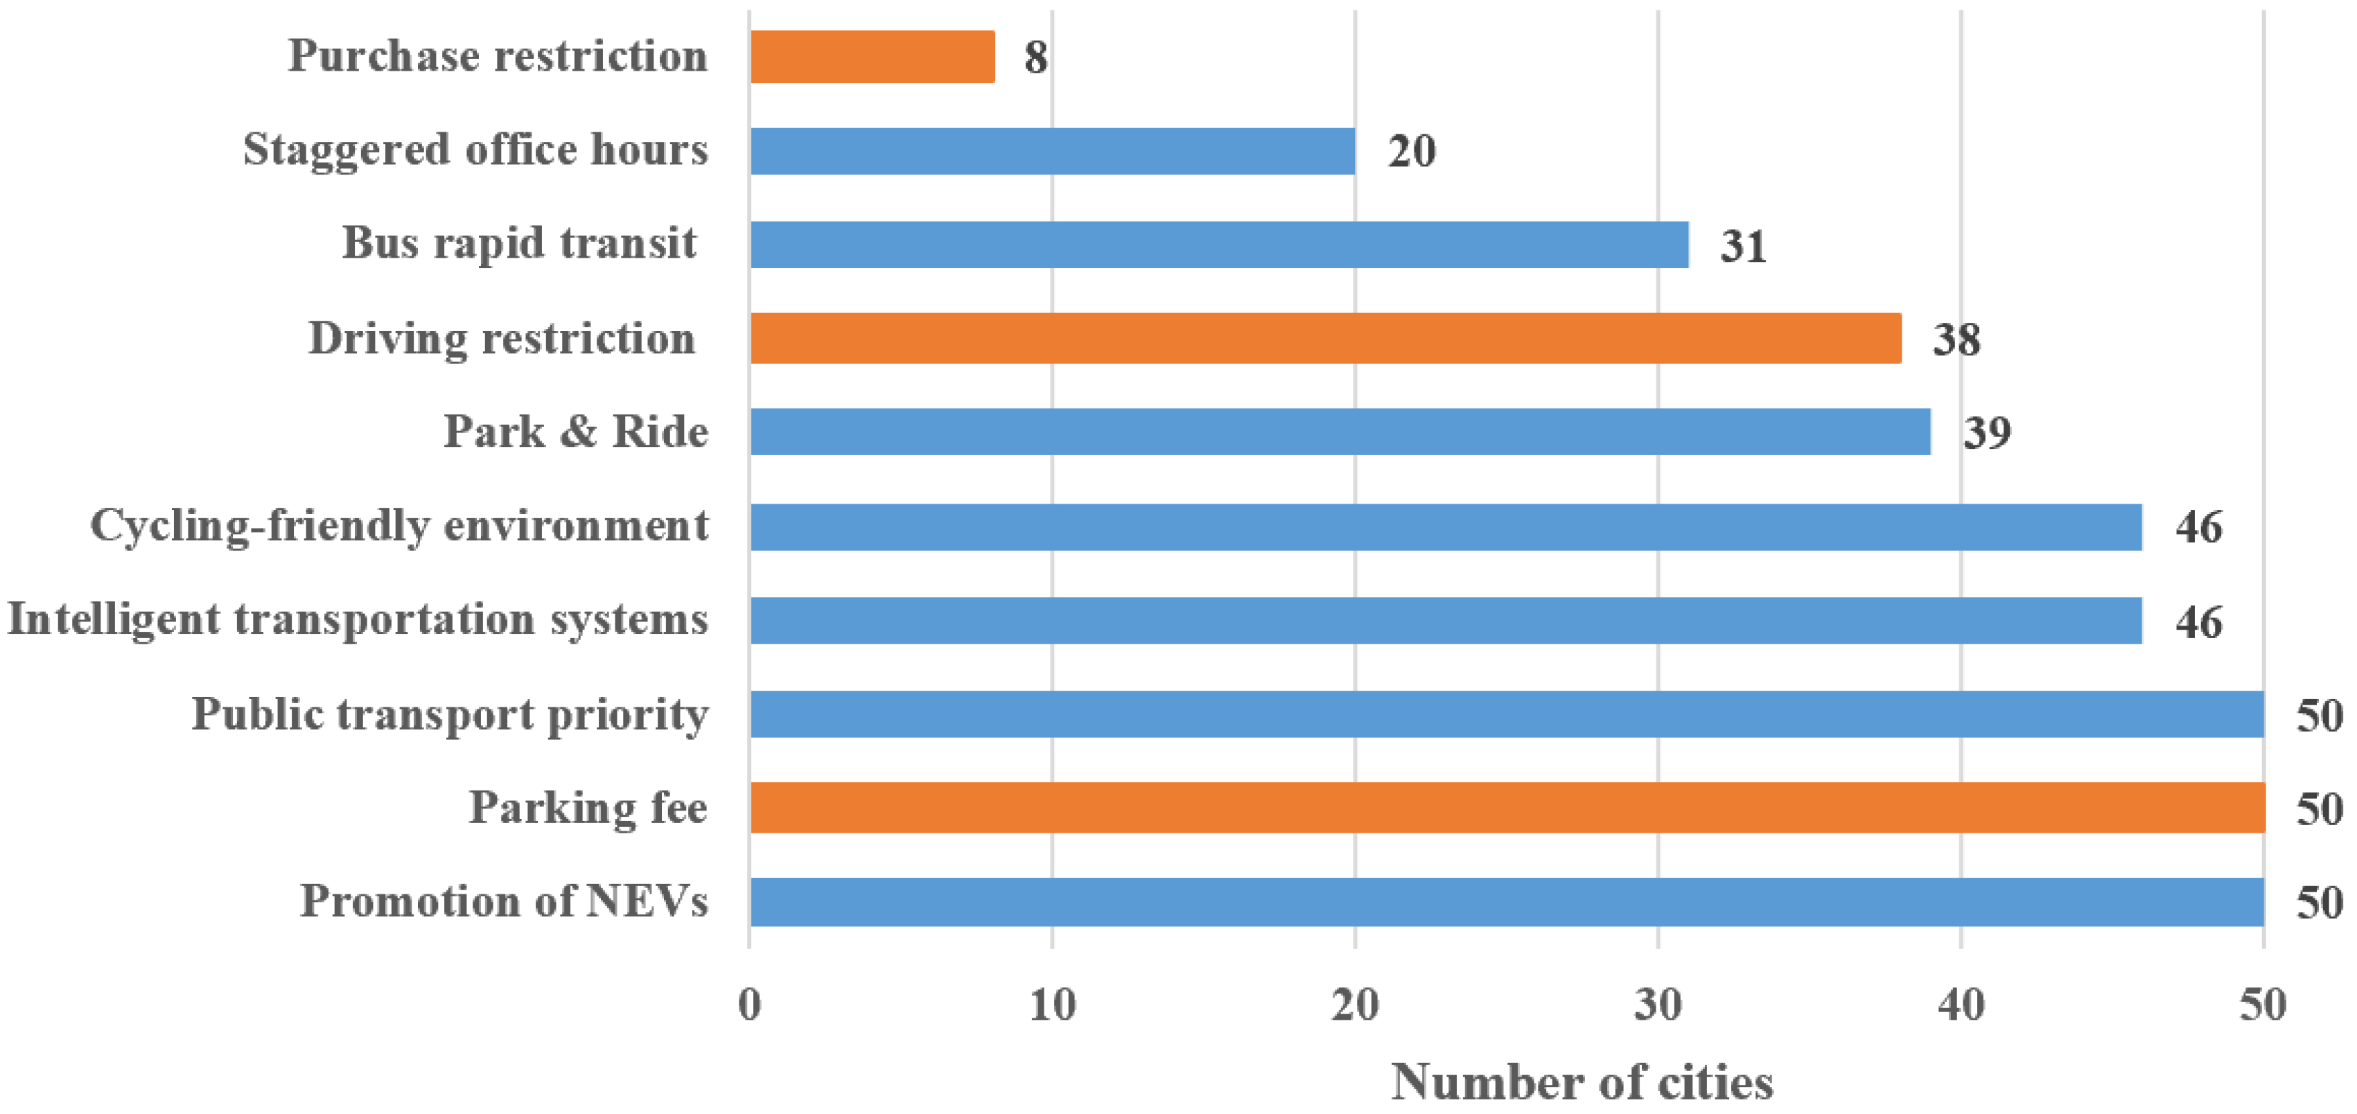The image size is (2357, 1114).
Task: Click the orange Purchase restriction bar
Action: pyautogui.click(x=872, y=57)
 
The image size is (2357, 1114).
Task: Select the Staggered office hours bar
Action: pyautogui.click(x=1052, y=151)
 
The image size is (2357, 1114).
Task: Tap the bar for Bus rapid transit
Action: pyautogui.click(x=1219, y=245)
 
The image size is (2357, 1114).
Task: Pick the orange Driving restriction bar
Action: pyautogui.click(x=1325, y=338)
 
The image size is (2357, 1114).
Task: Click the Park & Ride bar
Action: pyautogui.click(x=1340, y=432)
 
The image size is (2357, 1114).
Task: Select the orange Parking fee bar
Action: pyautogui.click(x=1506, y=808)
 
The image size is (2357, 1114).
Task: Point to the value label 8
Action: pyautogui.click(x=1035, y=58)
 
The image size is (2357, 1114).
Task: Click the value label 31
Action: pyautogui.click(x=1742, y=246)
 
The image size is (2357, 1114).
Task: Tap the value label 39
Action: pyautogui.click(x=1986, y=432)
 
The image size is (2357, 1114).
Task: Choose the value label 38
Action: pyautogui.click(x=1956, y=339)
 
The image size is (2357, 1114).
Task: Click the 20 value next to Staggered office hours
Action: pyautogui.click(x=1411, y=152)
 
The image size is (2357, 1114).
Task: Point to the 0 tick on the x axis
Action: pyautogui.click(x=749, y=1005)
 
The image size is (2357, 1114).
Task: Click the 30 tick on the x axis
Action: pyautogui.click(x=1658, y=1005)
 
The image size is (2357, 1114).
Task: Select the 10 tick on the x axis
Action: pyautogui.click(x=1052, y=1005)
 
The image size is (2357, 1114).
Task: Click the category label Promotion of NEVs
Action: pyautogui.click(x=504, y=901)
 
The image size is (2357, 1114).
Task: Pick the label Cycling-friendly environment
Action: pyautogui.click(x=399, y=526)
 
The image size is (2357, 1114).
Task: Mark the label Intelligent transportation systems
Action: pyautogui.click(x=358, y=619)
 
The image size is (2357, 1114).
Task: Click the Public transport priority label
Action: pyautogui.click(x=449, y=714)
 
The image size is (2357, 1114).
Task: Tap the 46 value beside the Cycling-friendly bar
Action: pyautogui.click(x=2198, y=527)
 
